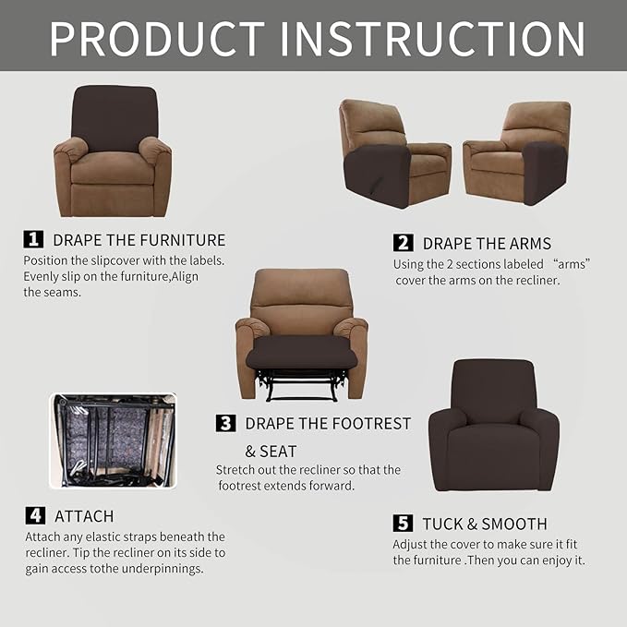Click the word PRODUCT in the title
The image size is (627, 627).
(157, 38)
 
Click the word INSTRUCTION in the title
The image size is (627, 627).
(432, 38)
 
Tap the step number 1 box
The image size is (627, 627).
(34, 239)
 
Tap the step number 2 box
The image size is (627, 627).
(404, 243)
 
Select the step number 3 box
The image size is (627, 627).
(226, 423)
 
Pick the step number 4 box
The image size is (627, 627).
(34, 515)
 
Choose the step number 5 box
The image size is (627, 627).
(404, 523)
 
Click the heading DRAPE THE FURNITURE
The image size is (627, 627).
(139, 240)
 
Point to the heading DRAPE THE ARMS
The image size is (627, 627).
(487, 244)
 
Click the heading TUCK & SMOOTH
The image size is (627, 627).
(485, 524)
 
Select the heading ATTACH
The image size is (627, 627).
(84, 516)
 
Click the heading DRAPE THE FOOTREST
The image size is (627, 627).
(328, 424)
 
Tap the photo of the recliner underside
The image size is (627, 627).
(112, 440)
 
